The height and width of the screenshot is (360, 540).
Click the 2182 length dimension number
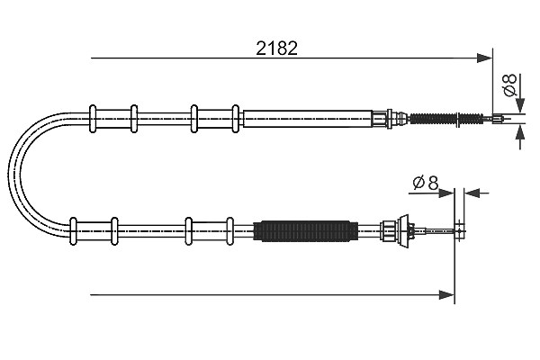(276, 49)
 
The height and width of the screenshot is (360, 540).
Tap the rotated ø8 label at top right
(509, 85)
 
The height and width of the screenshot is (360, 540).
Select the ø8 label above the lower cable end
(426, 183)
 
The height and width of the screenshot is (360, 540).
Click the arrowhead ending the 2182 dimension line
(484, 58)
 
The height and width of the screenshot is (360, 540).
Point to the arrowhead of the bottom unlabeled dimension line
(446, 295)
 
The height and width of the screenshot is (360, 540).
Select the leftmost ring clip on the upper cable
(93, 119)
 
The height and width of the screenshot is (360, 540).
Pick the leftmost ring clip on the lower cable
(73, 230)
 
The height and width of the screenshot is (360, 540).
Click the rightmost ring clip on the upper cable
(236, 119)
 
